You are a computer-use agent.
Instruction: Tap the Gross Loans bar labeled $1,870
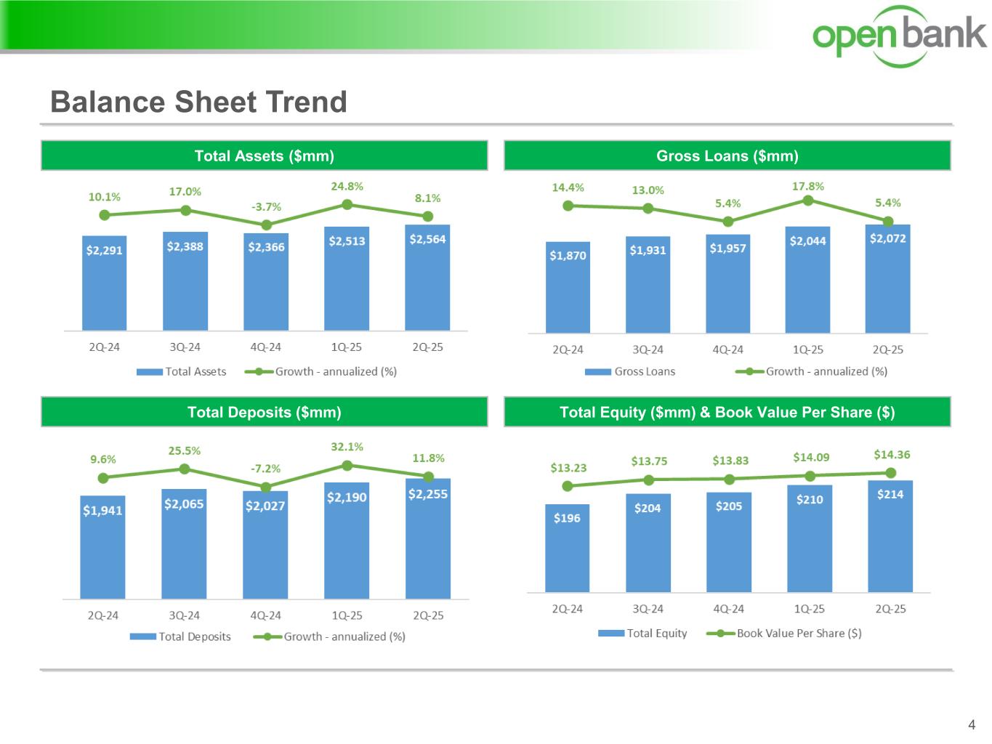point(568,287)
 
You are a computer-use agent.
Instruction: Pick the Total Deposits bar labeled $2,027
point(265,544)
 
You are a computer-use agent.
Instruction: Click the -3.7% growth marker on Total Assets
point(267,225)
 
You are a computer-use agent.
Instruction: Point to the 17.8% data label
point(807,187)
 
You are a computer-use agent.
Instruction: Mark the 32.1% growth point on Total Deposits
point(347,465)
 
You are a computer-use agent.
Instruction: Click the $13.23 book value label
point(568,468)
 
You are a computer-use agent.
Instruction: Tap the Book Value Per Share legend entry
point(785,634)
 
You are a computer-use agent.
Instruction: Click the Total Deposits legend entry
point(181,636)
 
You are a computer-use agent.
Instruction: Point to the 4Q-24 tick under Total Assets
point(265,347)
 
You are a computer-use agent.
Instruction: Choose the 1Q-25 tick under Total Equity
point(809,609)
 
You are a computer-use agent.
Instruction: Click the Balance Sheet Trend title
point(198,102)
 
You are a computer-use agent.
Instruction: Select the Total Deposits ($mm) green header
point(264,412)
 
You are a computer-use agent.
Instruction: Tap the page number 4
point(972,724)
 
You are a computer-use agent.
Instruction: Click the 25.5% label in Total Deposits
point(185,451)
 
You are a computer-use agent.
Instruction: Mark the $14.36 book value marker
point(891,473)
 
